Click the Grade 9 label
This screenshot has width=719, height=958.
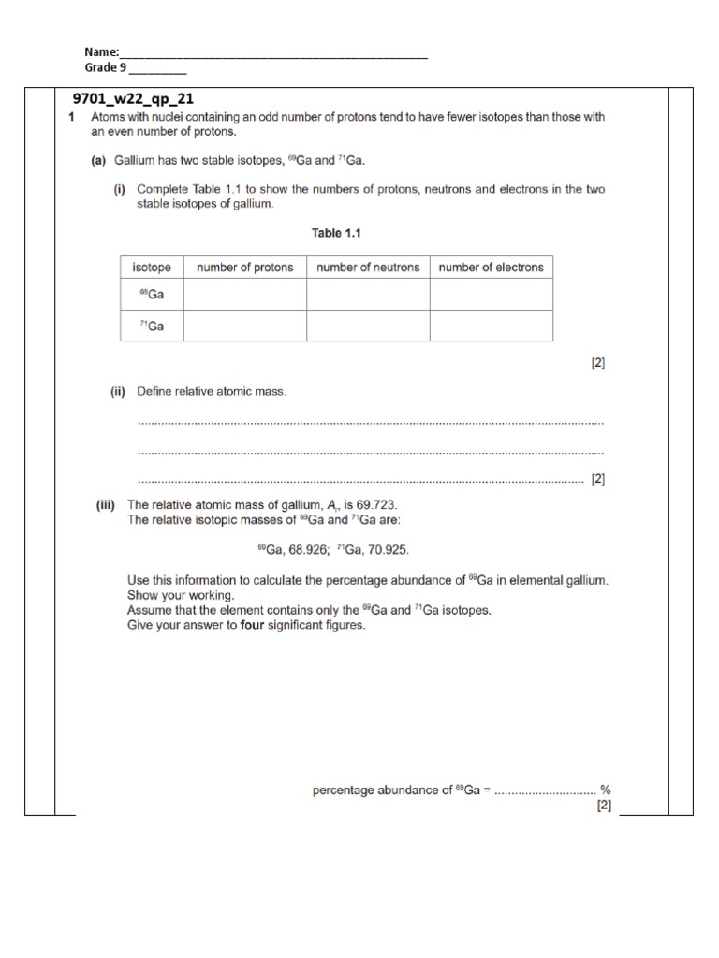coord(105,67)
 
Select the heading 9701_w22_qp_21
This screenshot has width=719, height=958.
coord(133,98)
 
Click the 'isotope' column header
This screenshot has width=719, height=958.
coord(151,268)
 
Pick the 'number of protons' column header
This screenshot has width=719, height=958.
coord(244,268)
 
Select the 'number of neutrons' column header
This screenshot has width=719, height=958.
coord(368,268)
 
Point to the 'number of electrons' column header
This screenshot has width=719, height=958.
coord(491,268)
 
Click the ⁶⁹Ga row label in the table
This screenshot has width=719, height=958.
coord(151,295)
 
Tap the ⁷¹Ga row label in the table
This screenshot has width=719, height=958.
coord(151,326)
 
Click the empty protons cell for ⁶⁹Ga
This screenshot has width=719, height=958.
coord(244,295)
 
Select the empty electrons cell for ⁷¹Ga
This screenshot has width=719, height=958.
coord(491,326)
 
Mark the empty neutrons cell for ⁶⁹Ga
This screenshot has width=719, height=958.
coord(368,295)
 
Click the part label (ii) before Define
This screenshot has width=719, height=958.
coord(118,391)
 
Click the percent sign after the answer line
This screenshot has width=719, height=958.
coord(605,791)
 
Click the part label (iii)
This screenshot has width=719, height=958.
coord(106,505)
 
